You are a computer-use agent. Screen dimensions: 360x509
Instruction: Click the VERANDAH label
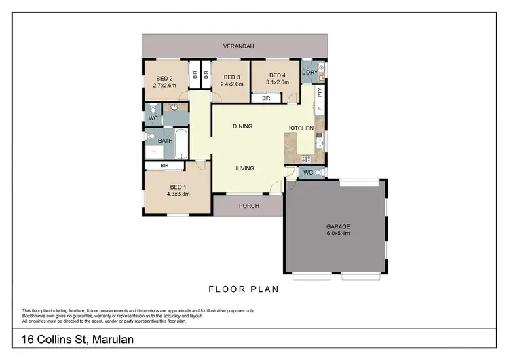239,46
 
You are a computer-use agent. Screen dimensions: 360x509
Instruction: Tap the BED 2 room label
165,77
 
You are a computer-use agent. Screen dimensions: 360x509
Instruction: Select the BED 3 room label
232,77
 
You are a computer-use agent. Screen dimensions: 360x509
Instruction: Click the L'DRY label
310,73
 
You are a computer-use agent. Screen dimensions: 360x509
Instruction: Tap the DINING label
242,126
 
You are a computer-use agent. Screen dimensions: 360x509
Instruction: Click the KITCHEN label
301,128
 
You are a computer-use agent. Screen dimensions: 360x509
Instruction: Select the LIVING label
246,169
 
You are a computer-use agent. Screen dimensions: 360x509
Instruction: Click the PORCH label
249,206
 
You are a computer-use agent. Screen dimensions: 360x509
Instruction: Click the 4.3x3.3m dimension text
177,194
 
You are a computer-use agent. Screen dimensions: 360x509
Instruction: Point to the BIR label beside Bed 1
164,165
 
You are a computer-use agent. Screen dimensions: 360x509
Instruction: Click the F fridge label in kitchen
319,109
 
